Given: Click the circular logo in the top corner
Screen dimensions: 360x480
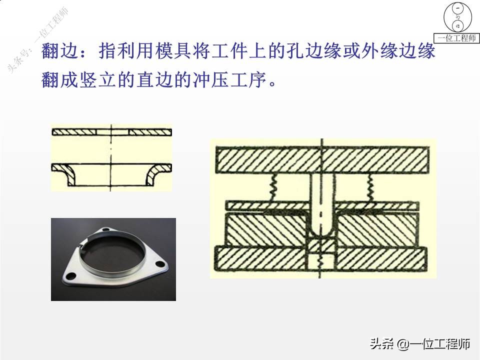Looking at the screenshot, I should coord(457,17).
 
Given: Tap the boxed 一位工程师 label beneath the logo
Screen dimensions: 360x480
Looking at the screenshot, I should coord(457,38).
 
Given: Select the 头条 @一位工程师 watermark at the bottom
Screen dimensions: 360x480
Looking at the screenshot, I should coord(420,344).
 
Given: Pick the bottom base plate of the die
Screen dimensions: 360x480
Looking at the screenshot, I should coord(322,256).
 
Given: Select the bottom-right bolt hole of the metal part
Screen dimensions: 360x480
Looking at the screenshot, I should coord(160,264).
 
